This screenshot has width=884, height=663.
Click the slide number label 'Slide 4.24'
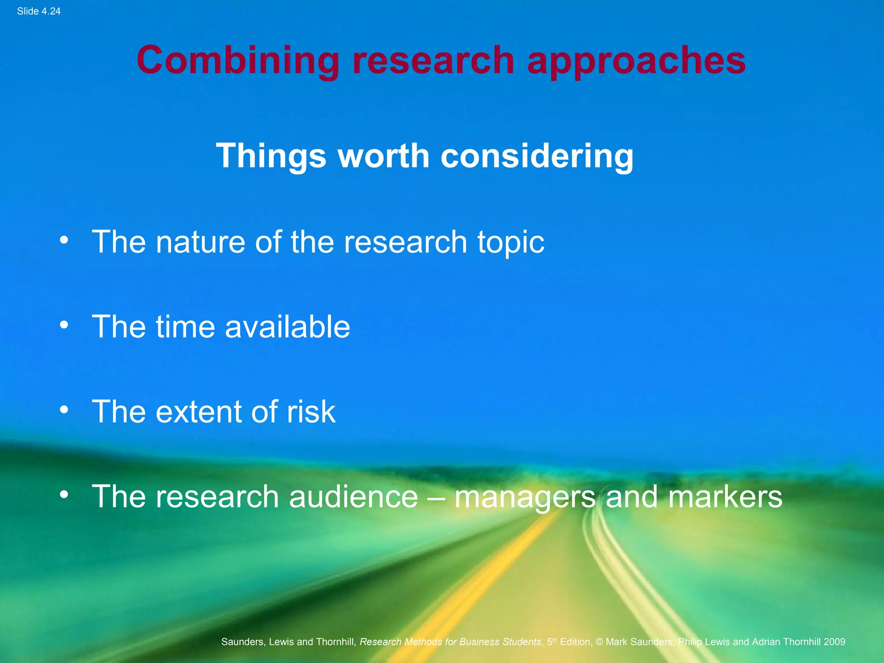pyautogui.click(x=39, y=12)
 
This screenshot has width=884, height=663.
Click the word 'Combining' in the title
pyautogui.click(x=238, y=60)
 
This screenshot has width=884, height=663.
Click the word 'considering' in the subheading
pyautogui.click(x=537, y=156)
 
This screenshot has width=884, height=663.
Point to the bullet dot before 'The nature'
pyautogui.click(x=64, y=240)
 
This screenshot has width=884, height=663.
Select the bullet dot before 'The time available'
pyautogui.click(x=64, y=325)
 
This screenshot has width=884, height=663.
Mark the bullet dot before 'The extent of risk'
pyautogui.click(x=64, y=410)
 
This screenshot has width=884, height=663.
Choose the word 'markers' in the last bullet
pyautogui.click(x=725, y=496)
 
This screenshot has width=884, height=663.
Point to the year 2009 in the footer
pyautogui.click(x=834, y=642)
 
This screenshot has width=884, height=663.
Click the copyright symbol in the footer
pyautogui.click(x=599, y=642)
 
